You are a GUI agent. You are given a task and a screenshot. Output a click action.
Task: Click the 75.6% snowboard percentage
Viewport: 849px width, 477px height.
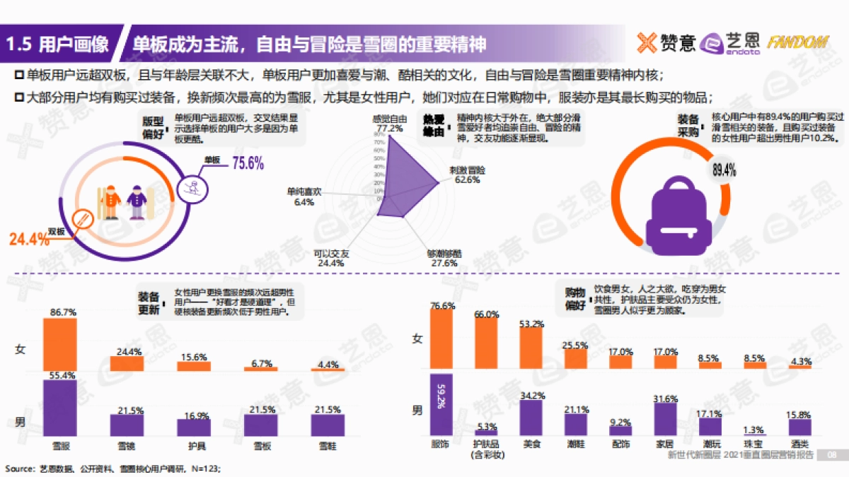[248, 164]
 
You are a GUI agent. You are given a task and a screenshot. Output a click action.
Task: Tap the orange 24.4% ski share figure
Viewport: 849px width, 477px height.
[29, 240]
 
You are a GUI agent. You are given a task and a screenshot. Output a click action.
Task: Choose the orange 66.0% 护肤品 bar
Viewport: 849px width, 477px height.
[485, 346]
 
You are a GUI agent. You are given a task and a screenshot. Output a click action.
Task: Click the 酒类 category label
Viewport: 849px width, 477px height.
[799, 444]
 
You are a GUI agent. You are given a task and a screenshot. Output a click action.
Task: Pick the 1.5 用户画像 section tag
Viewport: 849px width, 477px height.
[57, 45]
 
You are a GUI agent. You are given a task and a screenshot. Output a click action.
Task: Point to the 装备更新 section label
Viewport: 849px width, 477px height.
[149, 303]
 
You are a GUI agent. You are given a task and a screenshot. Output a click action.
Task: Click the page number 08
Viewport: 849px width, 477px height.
[832, 455]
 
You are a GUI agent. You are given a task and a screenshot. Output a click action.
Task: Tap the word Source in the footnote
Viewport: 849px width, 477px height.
[19, 469]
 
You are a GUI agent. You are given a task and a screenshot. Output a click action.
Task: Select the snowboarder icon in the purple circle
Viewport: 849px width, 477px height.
[192, 187]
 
